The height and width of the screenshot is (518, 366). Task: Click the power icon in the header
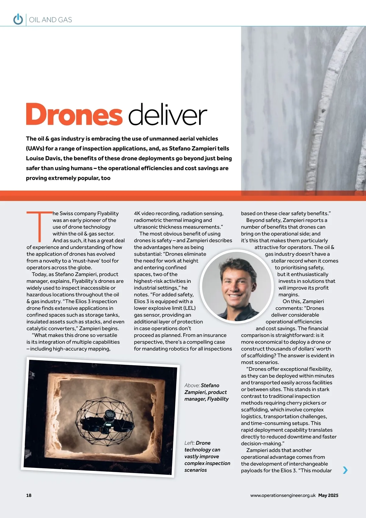pyautogui.click(x=18, y=19)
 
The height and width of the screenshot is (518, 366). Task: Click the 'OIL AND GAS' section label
pyautogui.click(x=51, y=20)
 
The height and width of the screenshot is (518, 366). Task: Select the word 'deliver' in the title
pyautogui.click(x=167, y=114)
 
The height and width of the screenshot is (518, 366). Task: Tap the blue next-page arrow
pyautogui.click(x=345, y=470)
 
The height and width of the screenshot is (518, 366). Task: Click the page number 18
pyautogui.click(x=29, y=495)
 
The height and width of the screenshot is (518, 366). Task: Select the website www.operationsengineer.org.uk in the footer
pyautogui.click(x=283, y=495)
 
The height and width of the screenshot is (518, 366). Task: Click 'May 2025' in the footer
pyautogui.click(x=328, y=495)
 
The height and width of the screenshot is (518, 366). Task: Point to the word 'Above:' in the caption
pyautogui.click(x=192, y=385)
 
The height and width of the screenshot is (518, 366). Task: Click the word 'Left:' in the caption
pyautogui.click(x=189, y=443)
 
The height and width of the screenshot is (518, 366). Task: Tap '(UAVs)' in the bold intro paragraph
pyautogui.click(x=35, y=148)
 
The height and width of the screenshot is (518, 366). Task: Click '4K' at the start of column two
pyautogui.click(x=137, y=213)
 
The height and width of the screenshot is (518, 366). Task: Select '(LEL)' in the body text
pyautogui.click(x=189, y=308)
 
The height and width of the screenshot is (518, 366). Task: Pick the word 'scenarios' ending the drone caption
pyautogui.click(x=196, y=470)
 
